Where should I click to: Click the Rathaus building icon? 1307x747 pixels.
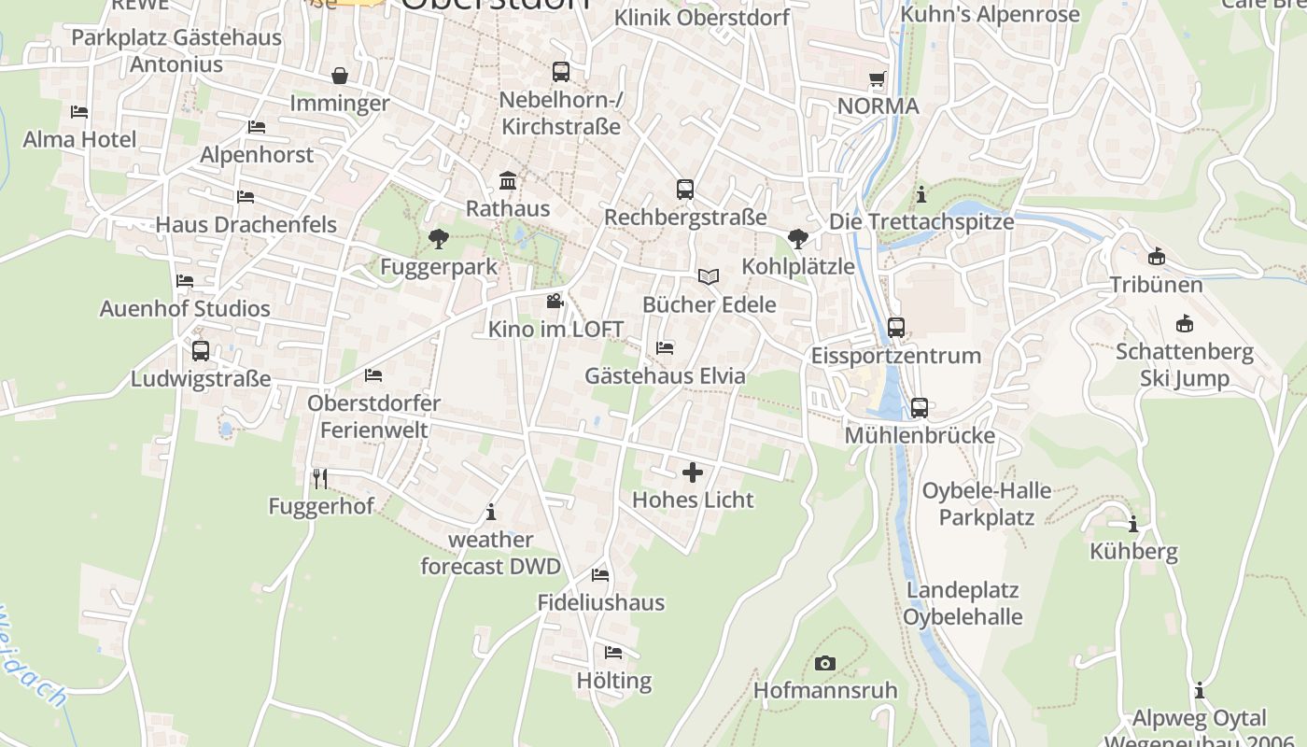point(508,179)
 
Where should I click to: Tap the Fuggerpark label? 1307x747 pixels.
point(439,267)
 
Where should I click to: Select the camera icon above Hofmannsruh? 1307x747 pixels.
point(825,664)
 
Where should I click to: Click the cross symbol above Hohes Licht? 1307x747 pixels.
point(693,472)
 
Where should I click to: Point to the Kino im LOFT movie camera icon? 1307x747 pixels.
point(555,302)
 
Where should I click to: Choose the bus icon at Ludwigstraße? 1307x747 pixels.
point(201,351)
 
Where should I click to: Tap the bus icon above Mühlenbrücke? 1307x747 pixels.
point(920,407)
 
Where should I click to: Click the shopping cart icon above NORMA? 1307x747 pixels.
point(877,79)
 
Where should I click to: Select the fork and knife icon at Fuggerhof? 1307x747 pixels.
point(320,479)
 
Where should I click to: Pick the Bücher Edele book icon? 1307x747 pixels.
point(710,276)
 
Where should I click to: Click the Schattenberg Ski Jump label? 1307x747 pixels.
point(1185,365)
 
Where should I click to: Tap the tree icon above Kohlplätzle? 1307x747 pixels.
point(797,239)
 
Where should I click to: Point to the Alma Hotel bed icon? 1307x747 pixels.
point(79,112)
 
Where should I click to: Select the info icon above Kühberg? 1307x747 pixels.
point(1133,524)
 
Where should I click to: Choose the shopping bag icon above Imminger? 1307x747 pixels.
point(340,76)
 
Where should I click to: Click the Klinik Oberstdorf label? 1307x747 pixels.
point(701,18)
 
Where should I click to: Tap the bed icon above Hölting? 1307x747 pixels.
point(613,653)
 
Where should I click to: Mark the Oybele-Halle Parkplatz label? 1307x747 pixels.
point(986,503)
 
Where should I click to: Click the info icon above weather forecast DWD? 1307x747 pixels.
point(491,512)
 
